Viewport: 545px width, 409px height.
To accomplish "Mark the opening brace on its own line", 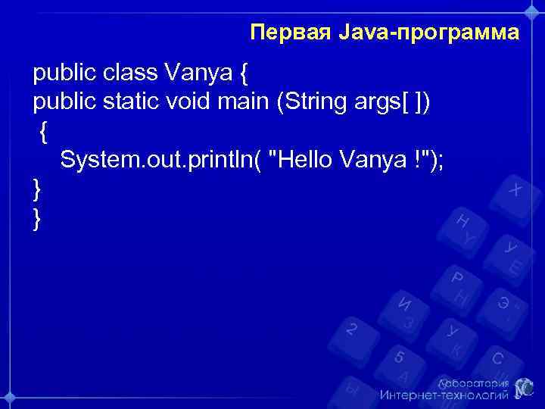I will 44,133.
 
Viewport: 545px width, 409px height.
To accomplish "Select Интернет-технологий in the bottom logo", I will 444,395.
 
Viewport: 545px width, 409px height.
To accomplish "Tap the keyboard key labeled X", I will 514,189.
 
